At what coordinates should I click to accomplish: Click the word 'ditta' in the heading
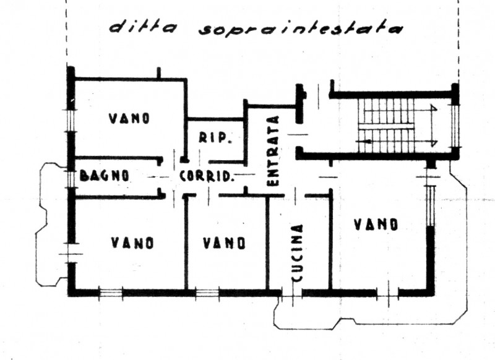click(x=143, y=28)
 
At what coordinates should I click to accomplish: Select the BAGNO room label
click(x=105, y=175)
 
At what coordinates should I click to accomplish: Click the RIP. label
click(x=214, y=138)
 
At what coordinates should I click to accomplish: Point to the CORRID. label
click(x=206, y=176)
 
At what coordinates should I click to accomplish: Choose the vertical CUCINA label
click(x=298, y=252)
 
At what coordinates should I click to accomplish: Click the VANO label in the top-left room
click(x=129, y=118)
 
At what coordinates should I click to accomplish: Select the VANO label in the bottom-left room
click(x=132, y=243)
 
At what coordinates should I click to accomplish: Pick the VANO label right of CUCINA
click(x=376, y=225)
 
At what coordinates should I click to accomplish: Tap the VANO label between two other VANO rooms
click(x=224, y=242)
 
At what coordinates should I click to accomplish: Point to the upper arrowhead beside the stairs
click(x=434, y=108)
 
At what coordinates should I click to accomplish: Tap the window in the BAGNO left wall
click(x=71, y=176)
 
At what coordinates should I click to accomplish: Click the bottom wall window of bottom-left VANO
click(x=111, y=292)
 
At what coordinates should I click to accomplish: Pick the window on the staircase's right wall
click(x=457, y=124)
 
